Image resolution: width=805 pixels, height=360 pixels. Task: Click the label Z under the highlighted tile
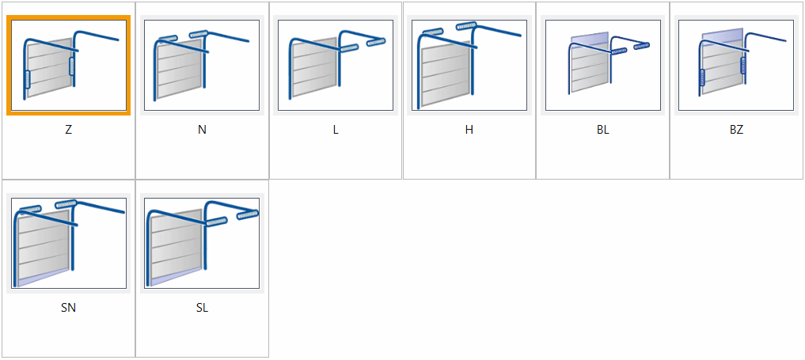(68, 130)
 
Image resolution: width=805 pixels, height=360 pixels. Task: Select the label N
(202, 130)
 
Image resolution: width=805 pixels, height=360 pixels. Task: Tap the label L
(336, 130)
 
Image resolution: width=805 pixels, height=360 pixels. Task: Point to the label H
(469, 130)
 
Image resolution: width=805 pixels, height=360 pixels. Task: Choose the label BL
(602, 130)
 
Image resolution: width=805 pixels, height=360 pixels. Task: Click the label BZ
(736, 130)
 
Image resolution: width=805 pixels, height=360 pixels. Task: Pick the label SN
(68, 308)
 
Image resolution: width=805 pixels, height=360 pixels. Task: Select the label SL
(202, 308)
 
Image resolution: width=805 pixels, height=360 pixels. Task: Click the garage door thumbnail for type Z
(68, 65)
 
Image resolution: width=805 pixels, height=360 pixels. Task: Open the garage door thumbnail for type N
(202, 65)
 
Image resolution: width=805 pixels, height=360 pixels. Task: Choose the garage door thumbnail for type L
(336, 65)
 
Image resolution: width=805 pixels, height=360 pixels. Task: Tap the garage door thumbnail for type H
(469, 65)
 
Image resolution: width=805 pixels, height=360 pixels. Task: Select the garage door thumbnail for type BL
(602, 65)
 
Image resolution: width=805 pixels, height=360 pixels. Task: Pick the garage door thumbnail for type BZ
(736, 65)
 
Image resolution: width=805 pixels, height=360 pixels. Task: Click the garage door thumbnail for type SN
(68, 243)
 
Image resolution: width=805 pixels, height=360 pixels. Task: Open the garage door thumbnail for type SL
(202, 243)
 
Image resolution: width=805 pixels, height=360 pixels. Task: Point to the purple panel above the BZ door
(723, 36)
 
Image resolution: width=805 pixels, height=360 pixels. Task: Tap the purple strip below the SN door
(42, 277)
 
